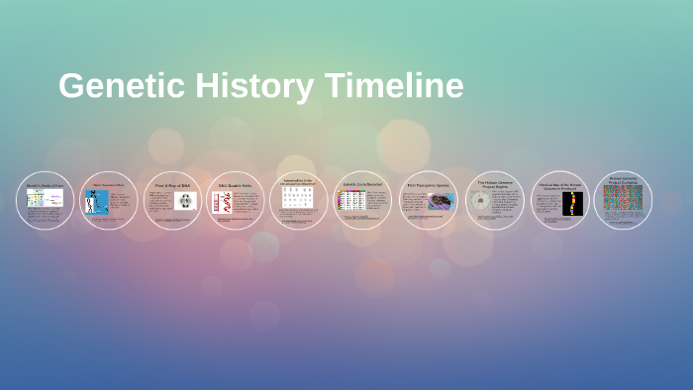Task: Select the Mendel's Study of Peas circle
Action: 46,201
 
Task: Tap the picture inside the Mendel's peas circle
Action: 45,197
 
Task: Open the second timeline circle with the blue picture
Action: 109,201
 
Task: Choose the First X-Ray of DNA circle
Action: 172,201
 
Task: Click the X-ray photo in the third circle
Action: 185,201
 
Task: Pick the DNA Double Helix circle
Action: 236,201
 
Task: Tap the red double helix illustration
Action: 225,203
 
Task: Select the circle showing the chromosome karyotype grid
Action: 299,201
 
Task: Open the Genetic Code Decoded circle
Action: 363,201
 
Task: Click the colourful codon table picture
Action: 350,201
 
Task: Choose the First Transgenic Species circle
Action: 428,201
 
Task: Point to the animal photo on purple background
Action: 441,201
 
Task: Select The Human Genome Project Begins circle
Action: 494,201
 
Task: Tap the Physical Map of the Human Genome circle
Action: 559,201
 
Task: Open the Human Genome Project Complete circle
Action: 623,201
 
